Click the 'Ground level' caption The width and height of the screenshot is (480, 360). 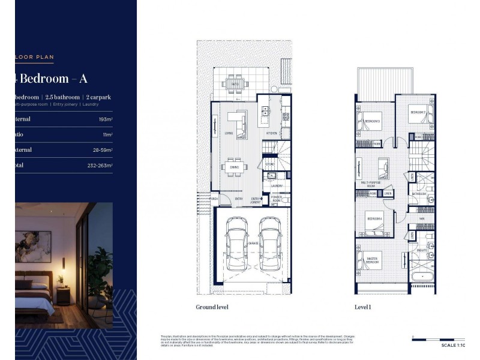[x=212, y=307]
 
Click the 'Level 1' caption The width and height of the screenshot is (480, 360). [x=363, y=307]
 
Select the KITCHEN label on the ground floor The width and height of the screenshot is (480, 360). [x=271, y=133]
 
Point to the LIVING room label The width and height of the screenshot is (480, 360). [x=229, y=133]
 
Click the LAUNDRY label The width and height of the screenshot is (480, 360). [x=276, y=186]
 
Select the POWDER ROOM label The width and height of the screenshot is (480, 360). [x=276, y=199]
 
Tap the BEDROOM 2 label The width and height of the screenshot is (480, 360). [x=418, y=112]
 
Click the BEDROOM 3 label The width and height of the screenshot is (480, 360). [x=372, y=122]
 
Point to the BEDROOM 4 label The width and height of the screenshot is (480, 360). [x=374, y=218]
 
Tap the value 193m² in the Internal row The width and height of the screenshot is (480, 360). [x=106, y=119]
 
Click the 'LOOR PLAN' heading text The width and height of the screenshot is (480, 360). [x=35, y=58]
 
